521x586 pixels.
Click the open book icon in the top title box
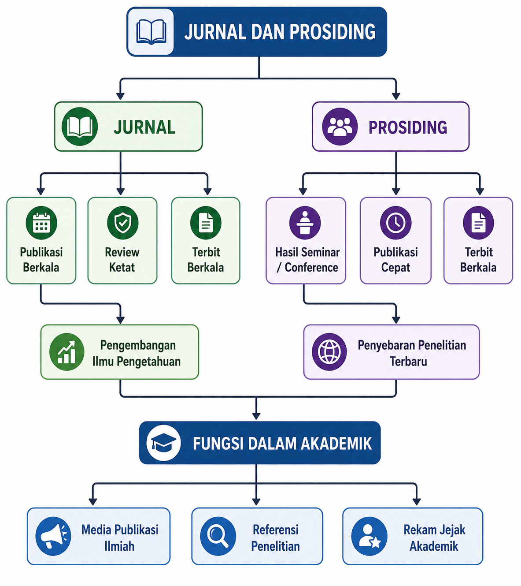151,32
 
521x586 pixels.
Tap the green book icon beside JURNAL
80,127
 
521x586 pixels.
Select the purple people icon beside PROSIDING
340,127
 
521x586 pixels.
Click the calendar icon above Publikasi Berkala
41,222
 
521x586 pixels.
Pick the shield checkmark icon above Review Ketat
122,222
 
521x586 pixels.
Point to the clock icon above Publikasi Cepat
395,222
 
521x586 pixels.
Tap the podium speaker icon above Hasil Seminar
305,222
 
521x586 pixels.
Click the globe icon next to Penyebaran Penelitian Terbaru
329,352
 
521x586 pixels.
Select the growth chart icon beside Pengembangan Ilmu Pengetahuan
67,352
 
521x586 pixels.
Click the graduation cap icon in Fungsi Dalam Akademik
163,443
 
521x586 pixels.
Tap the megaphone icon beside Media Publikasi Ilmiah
53,536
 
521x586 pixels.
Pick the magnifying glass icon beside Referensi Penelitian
218,536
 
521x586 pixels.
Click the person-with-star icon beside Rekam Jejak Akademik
370,536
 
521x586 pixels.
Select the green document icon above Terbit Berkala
206,222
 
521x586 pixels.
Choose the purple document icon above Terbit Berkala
478,222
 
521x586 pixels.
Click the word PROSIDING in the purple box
408,127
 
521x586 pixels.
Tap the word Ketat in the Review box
122,268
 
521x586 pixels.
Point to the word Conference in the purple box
311,268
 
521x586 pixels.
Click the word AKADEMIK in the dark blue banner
336,444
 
